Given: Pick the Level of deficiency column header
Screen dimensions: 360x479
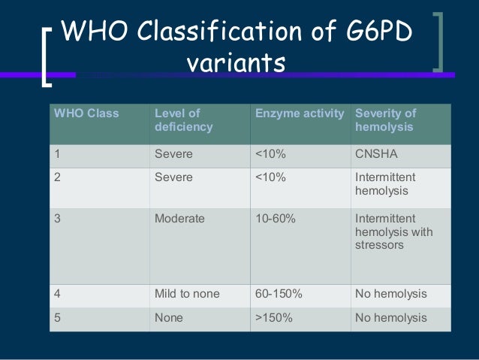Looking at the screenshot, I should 183,120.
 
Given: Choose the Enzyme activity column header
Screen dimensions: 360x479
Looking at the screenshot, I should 300,113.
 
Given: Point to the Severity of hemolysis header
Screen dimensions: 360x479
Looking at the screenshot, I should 385,120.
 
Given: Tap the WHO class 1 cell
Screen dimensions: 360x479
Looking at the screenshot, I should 56,154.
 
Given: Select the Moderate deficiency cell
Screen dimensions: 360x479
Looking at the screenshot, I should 179,219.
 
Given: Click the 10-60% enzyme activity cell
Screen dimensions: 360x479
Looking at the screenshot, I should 276,219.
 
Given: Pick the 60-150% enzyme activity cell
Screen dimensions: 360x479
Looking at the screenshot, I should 279,294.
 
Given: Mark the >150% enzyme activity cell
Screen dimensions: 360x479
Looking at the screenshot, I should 276,318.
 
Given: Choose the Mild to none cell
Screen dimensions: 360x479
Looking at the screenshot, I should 187,294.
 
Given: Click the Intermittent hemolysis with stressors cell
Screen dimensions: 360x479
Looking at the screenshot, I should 393,231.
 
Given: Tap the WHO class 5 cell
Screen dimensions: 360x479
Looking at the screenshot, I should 56,318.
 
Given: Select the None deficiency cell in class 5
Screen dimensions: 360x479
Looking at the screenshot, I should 169,318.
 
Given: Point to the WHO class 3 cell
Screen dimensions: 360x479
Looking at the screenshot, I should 56,219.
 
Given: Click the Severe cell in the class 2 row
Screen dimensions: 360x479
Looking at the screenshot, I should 173,178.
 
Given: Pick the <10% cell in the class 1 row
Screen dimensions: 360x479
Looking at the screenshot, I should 270,154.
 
